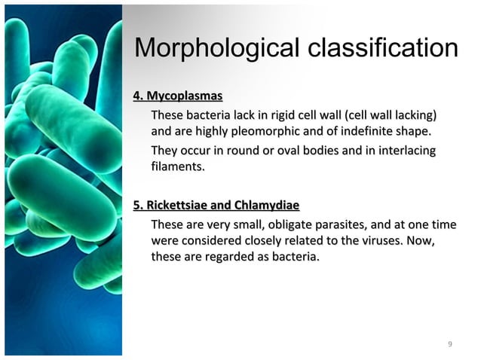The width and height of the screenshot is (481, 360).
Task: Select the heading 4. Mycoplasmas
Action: point(177,96)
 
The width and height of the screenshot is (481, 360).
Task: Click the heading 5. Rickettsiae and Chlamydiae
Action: point(216,206)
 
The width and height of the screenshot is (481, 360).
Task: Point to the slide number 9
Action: point(449,345)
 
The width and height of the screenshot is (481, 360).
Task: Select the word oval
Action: point(285,151)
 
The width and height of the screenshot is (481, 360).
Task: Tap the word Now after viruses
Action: point(422,242)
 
